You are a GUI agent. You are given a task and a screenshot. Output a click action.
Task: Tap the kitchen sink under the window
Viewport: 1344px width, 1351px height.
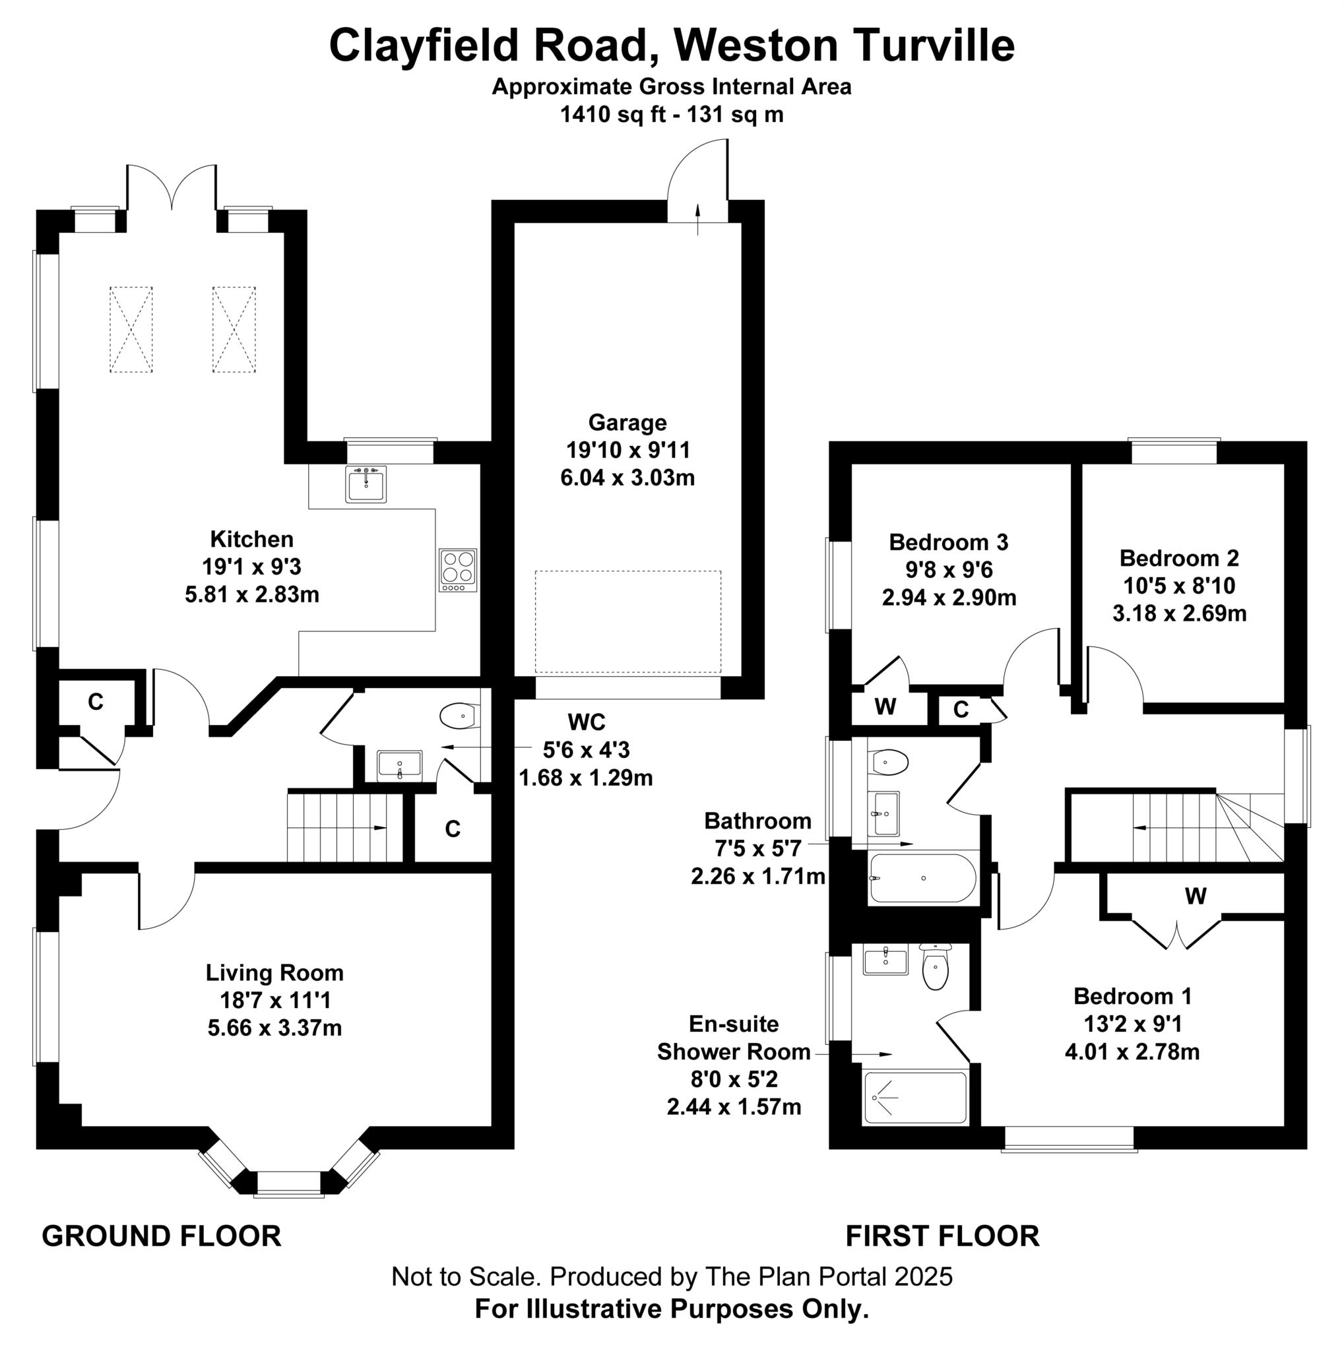click(x=365, y=485)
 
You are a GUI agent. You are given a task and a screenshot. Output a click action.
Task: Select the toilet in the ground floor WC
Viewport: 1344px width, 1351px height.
click(x=459, y=716)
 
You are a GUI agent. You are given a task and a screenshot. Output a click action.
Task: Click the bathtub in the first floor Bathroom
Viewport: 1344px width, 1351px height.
click(x=922, y=878)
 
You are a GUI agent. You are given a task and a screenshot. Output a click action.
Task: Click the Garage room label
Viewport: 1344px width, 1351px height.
click(x=627, y=422)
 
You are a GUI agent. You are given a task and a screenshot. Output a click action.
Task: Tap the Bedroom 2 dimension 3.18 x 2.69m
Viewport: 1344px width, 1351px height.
click(x=1179, y=614)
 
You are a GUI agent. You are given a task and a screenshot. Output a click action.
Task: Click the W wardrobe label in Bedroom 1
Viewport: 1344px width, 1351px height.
click(x=1195, y=896)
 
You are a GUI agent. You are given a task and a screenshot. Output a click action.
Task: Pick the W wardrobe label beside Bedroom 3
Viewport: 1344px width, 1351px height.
click(x=885, y=708)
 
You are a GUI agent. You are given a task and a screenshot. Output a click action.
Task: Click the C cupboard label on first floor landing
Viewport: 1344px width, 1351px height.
click(x=961, y=710)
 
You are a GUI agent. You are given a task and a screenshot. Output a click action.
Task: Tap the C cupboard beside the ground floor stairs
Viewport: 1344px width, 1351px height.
click(x=453, y=829)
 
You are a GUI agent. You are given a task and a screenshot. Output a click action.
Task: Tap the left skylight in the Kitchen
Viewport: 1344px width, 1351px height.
click(x=131, y=329)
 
